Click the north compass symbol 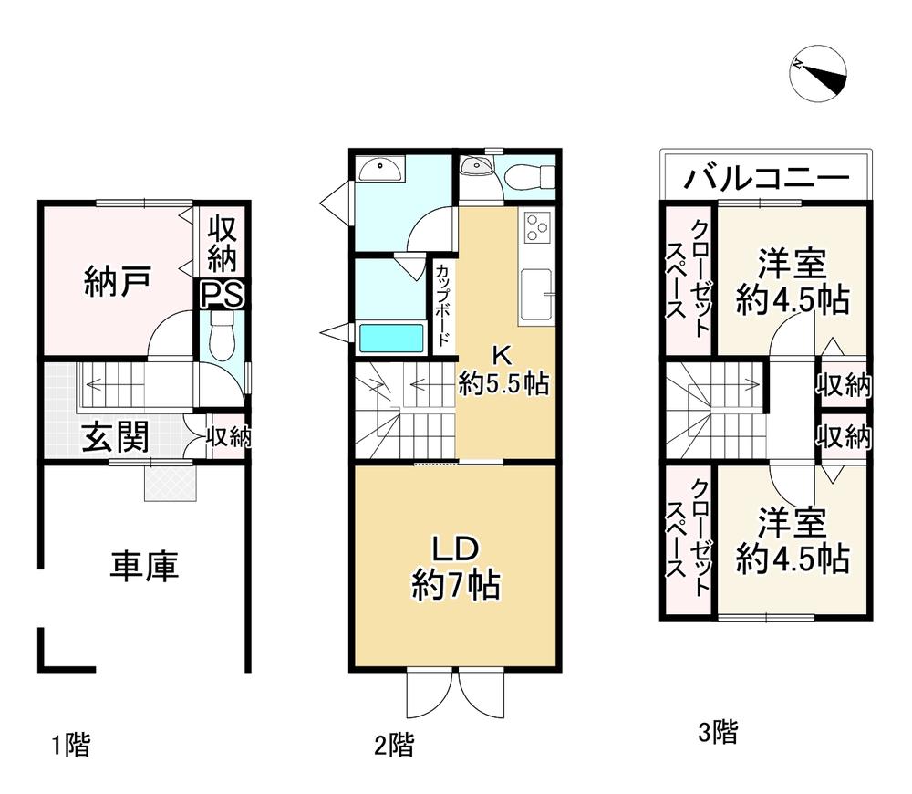(818, 73)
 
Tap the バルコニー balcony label (766, 178)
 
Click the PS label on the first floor (223, 295)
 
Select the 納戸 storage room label (118, 281)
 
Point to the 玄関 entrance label (115, 436)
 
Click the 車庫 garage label (145, 566)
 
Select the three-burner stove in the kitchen (537, 227)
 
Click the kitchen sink (536, 295)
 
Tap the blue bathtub (391, 339)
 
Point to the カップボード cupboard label (442, 306)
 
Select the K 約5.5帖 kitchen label (503, 371)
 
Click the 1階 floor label (71, 746)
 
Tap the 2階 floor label (394, 745)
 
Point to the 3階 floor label (718, 732)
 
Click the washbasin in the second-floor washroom (379, 170)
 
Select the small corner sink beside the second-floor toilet (476, 167)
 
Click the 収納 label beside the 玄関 (229, 436)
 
